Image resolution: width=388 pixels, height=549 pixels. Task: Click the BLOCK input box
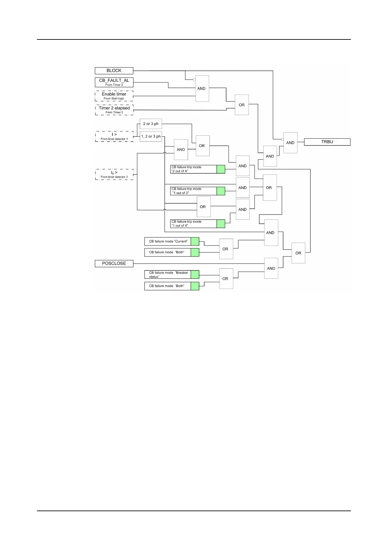(114, 70)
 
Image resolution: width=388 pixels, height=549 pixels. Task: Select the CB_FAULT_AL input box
(114, 82)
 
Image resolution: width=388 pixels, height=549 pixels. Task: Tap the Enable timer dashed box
(114, 96)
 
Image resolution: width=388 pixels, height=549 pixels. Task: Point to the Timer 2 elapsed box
(114, 110)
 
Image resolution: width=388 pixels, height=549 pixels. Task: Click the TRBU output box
(327, 142)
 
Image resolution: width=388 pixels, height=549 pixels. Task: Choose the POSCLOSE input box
(114, 263)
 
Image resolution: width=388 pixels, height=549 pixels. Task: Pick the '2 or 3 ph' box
(151, 124)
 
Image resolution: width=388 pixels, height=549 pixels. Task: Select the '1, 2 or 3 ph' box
(151, 137)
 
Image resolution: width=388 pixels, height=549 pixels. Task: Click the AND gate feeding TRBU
(290, 143)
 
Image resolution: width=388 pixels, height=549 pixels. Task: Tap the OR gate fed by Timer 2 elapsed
(242, 105)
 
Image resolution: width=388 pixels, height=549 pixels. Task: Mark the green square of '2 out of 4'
(221, 169)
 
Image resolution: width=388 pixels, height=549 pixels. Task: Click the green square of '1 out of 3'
(221, 191)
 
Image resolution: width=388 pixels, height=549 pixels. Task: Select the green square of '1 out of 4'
(221, 224)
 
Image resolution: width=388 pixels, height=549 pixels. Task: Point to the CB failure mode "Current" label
(168, 242)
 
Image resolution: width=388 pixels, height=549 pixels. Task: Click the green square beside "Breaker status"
(195, 274)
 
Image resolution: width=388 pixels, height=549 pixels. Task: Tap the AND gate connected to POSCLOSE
(271, 268)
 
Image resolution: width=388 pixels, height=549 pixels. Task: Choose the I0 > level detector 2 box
(114, 174)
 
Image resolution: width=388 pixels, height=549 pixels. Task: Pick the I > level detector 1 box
(114, 136)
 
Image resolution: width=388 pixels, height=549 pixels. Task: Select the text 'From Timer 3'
(114, 85)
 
